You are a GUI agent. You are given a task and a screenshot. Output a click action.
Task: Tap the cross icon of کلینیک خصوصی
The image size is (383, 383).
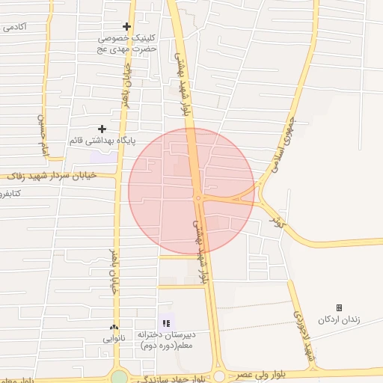[127, 27]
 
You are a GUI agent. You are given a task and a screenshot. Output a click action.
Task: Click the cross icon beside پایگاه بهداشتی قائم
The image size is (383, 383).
[102, 129]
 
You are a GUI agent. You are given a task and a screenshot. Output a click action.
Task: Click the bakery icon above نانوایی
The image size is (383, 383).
[114, 327]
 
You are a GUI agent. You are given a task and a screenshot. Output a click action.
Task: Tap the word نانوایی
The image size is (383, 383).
[114, 338]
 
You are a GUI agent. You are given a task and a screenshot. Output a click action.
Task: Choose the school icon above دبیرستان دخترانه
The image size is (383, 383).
[165, 322]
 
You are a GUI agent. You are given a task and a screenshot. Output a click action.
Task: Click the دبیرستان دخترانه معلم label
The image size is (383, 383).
[166, 339]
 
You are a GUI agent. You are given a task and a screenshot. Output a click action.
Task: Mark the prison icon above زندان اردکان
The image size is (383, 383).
[339, 307]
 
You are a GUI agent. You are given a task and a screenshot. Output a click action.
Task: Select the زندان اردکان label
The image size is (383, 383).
[339, 319]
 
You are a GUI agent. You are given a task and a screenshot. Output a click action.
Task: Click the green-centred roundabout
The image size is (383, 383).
[119, 376]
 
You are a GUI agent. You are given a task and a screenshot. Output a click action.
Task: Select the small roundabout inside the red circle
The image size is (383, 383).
[198, 197]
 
